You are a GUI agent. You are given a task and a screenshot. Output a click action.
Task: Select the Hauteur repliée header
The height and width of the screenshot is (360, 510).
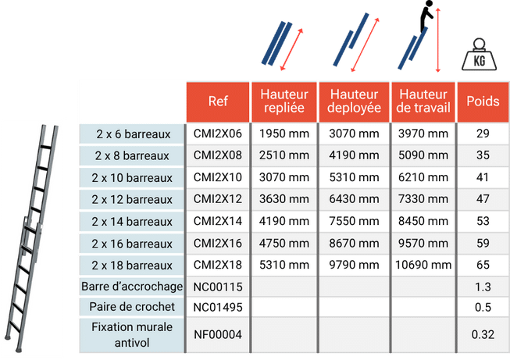(284, 101)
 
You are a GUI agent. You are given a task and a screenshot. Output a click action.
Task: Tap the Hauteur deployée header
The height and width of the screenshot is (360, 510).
(354, 101)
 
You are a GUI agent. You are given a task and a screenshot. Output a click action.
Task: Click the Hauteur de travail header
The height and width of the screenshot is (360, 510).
(423, 101)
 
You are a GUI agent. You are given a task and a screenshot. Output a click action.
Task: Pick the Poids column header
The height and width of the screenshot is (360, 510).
(483, 101)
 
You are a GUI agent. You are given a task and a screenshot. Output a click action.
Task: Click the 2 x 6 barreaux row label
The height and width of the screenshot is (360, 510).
(134, 134)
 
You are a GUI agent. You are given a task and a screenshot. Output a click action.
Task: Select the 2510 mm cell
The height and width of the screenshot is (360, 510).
(284, 155)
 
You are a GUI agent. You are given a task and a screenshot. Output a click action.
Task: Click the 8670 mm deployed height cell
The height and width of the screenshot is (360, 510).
(354, 244)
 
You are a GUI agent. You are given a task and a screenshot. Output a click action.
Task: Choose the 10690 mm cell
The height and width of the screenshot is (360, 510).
(423, 266)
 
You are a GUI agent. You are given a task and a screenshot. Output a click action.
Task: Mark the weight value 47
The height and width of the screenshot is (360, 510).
(483, 200)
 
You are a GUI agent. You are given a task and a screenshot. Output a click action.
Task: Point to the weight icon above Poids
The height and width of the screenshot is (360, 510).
(483, 55)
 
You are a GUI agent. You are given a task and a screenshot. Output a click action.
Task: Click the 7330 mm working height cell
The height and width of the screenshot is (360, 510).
(423, 200)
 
